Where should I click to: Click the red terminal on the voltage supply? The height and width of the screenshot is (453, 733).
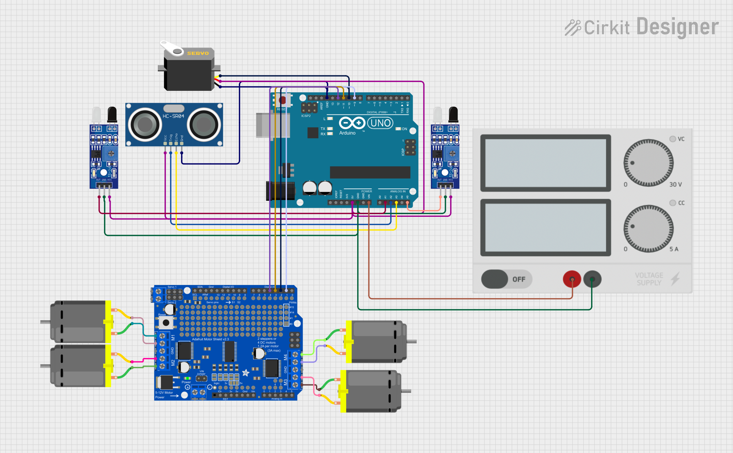pyautogui.click(x=572, y=279)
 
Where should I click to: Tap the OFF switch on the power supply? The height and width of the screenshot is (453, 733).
pyautogui.click(x=506, y=279)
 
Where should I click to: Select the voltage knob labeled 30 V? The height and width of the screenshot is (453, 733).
pyautogui.click(x=648, y=163)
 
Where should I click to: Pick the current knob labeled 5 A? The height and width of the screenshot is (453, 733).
pyautogui.click(x=648, y=228)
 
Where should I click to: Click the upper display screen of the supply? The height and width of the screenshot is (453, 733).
pyautogui.click(x=545, y=163)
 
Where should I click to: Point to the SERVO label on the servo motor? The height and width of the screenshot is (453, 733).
pyautogui.click(x=198, y=53)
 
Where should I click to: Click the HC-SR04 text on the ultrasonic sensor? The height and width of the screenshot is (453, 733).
pyautogui.click(x=173, y=116)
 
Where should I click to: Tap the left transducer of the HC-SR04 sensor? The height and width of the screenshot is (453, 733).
pyautogui.click(x=144, y=124)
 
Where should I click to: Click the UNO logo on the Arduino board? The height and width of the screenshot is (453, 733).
pyautogui.click(x=380, y=123)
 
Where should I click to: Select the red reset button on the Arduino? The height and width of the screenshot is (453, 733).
pyautogui.click(x=282, y=100)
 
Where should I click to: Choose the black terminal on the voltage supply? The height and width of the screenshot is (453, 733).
pyautogui.click(x=592, y=279)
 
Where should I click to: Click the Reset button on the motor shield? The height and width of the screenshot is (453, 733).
pyautogui.click(x=166, y=322)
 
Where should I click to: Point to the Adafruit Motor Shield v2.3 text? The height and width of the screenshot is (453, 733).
pyautogui.click(x=210, y=339)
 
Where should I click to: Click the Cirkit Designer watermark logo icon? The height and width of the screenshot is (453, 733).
pyautogui.click(x=573, y=27)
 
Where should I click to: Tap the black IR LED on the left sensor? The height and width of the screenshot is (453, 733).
pyautogui.click(x=112, y=114)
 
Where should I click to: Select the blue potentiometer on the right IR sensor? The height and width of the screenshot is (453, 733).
pyautogui.click(x=452, y=154)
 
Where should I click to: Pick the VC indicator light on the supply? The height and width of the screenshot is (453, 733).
pyautogui.click(x=672, y=139)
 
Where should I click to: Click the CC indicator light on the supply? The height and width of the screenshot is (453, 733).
pyautogui.click(x=672, y=203)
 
